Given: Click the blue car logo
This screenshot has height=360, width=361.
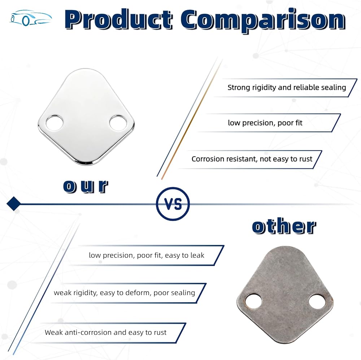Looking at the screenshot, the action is (30, 18).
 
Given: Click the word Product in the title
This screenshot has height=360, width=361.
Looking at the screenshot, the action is (118, 19).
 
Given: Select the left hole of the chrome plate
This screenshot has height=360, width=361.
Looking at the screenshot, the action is (55, 123).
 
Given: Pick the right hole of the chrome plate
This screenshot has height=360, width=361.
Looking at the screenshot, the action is (118, 123).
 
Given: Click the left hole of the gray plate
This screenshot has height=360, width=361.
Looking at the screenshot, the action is (253, 301).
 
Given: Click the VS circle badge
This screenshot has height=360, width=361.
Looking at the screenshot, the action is (173, 204).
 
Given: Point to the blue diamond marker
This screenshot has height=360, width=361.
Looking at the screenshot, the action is (14, 203).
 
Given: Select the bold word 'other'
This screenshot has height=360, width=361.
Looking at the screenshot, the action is (284, 227).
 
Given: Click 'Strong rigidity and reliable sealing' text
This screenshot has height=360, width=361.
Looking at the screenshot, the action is (287, 88).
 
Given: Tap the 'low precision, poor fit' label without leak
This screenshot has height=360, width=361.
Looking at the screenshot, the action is (265, 123).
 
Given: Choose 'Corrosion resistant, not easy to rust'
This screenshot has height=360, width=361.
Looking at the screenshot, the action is (252, 159).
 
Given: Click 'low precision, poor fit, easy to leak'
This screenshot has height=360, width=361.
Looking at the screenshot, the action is (147, 255).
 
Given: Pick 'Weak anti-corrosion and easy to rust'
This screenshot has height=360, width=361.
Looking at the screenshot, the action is (105, 332).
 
